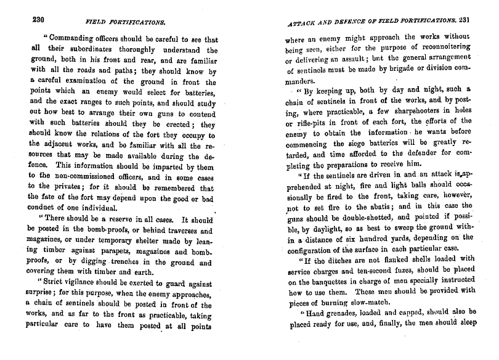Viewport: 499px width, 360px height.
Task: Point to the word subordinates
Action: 89,51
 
